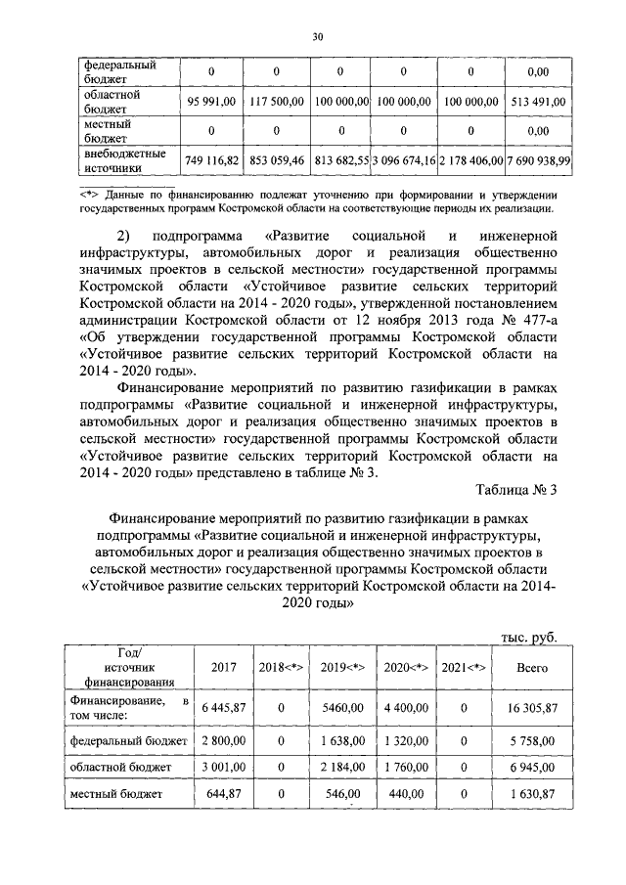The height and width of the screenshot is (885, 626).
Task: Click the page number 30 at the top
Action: pos(317,36)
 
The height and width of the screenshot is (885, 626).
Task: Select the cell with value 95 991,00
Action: pos(211,101)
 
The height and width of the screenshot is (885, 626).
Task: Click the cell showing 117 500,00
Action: pos(276,101)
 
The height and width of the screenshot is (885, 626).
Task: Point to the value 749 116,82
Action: pos(211,159)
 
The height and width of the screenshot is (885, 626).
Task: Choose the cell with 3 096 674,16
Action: pos(403,159)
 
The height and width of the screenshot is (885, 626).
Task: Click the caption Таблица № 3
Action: pos(514,490)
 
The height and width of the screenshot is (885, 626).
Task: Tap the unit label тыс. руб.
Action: pos(528,637)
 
